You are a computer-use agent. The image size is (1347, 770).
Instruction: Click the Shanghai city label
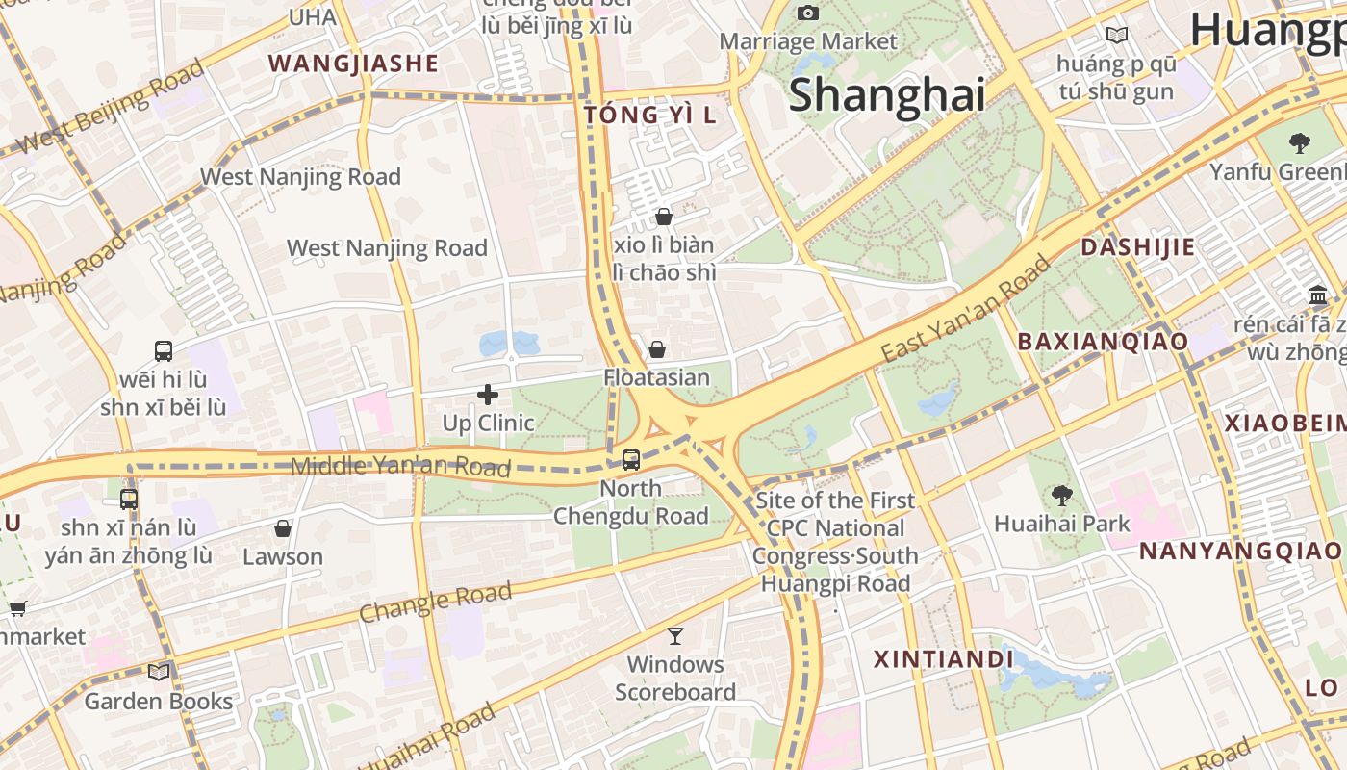(886, 95)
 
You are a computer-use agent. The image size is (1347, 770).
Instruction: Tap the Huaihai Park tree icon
(1062, 496)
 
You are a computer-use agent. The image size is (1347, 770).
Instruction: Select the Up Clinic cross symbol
(488, 394)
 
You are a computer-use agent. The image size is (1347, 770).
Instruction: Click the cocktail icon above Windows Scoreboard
(675, 635)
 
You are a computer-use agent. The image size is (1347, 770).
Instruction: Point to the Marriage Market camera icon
(808, 13)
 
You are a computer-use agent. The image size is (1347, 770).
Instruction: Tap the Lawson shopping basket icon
(283, 528)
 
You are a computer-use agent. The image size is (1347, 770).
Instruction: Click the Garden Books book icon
(159, 672)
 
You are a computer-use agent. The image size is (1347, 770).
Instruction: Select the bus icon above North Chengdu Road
(631, 459)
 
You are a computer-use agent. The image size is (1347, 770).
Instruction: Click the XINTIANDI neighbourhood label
(943, 659)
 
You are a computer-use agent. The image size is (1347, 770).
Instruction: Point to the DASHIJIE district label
(1137, 247)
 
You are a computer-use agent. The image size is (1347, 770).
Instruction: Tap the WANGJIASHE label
(353, 64)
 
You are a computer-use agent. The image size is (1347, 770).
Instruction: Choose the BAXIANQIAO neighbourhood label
(1103, 341)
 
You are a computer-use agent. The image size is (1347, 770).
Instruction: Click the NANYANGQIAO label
(1240, 551)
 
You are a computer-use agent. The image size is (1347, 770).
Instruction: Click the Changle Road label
(436, 602)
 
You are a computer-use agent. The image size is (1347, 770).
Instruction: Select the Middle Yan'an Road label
(400, 467)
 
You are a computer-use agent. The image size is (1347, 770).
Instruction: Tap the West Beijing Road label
(112, 106)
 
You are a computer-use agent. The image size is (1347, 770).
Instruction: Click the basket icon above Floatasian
(657, 348)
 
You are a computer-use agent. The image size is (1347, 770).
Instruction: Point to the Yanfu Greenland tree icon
(1300, 143)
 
